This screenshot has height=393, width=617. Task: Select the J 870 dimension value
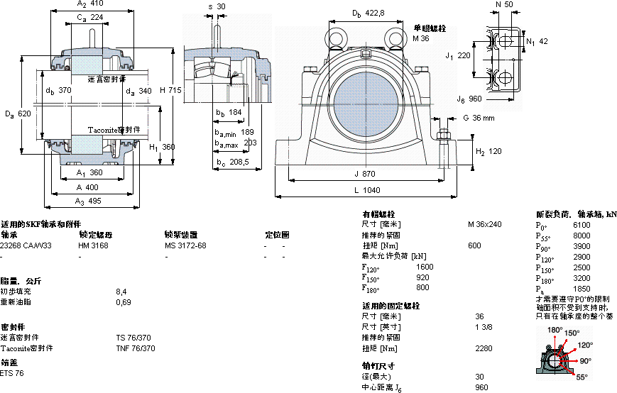[x=366, y=174]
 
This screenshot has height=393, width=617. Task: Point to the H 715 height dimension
[x=171, y=90]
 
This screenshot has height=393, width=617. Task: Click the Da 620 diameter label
[x=18, y=114]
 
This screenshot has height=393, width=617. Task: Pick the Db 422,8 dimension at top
[x=368, y=13]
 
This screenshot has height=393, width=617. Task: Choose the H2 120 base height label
[x=488, y=152]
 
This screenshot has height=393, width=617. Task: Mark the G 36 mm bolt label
[x=478, y=118]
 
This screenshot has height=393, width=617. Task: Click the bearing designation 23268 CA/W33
[x=26, y=245]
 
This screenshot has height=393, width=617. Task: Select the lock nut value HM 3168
[x=93, y=245]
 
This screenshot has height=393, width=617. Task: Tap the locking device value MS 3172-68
[x=185, y=245]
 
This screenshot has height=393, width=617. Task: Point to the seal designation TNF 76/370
[x=136, y=348]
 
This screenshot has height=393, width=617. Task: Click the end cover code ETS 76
[x=12, y=373]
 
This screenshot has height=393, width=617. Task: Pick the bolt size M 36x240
[x=484, y=224]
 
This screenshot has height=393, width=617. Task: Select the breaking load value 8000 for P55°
[x=581, y=235]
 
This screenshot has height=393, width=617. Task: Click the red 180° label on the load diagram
[x=555, y=331]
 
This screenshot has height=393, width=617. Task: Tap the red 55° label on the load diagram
[x=581, y=377]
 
